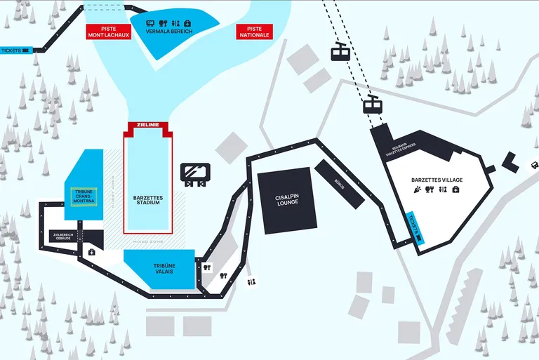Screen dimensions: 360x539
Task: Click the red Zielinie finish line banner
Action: pos(148,125)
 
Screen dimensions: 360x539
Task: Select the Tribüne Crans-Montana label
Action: pos(84,196)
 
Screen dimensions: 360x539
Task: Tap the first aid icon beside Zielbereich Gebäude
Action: pos(92,252)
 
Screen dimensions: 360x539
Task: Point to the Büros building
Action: pos(339,184)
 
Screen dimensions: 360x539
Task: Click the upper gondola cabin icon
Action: pos(340,52)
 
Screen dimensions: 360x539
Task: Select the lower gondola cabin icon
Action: pos(372,105)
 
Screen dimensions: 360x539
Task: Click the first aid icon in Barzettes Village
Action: pos(455,189)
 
